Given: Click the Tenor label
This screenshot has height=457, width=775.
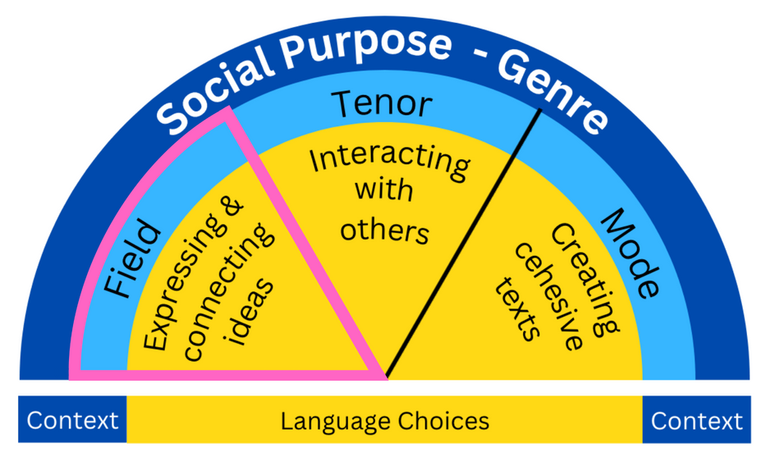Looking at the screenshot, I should [381, 104].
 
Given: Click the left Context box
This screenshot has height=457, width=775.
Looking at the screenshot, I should [72, 421].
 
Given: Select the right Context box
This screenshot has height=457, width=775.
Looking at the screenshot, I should [696, 421].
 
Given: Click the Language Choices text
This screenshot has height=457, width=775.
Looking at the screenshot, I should [384, 421].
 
